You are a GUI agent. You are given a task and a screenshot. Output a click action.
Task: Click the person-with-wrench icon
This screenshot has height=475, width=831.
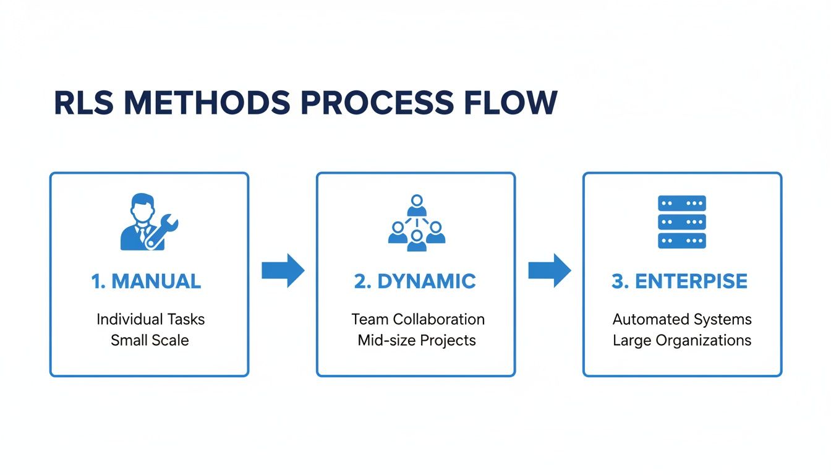coord(142,222)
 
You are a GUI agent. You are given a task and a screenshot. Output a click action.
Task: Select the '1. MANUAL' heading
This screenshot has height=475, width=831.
coord(146,281)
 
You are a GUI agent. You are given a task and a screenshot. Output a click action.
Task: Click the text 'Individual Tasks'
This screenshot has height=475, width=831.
coord(150,319)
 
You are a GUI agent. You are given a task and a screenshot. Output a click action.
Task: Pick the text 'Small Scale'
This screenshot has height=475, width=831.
coord(150,340)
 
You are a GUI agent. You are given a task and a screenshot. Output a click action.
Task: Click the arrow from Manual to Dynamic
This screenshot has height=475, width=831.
coord(283,270)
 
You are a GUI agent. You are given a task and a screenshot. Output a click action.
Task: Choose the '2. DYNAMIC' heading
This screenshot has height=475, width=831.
coord(415,281)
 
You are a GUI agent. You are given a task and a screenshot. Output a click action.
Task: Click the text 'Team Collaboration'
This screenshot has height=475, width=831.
coord(418,319)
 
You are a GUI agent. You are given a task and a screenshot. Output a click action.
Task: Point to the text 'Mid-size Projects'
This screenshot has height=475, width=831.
coord(417,340)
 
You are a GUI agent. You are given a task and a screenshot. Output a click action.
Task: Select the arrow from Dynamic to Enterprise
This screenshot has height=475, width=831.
coord(549,270)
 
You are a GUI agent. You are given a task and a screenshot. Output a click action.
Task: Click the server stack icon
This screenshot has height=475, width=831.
coord(682,222)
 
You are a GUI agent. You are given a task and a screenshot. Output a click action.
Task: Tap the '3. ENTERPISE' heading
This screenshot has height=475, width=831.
coord(680,281)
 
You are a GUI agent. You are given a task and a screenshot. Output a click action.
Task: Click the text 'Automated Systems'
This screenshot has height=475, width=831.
coord(682,319)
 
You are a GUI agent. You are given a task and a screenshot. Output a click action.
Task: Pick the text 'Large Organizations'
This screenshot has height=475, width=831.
coord(682,340)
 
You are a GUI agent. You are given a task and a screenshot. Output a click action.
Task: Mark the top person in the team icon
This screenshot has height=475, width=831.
coord(417,205)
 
